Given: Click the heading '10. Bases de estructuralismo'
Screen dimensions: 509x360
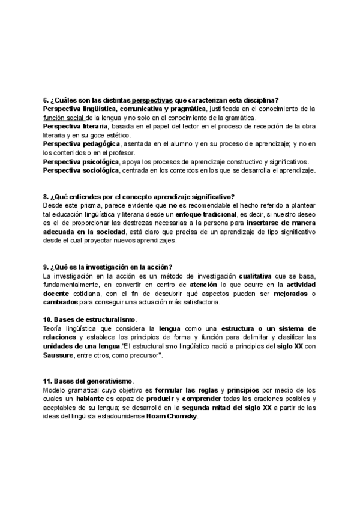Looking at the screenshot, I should pos(89,320).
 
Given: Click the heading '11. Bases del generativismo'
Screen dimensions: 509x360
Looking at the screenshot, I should pos(88,381).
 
